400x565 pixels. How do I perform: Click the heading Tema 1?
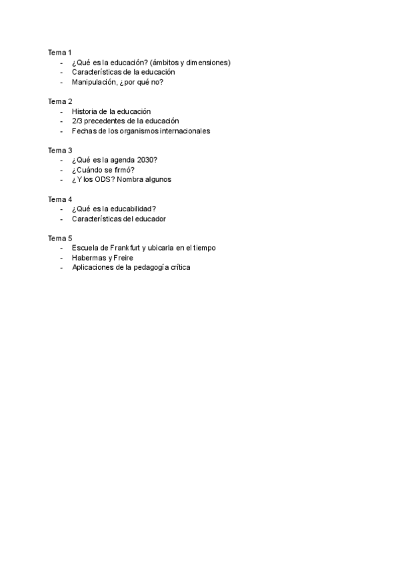(59, 53)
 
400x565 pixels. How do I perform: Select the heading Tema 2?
(59, 101)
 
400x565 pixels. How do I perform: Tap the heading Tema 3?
(59, 151)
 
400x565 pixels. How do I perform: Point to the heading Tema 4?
(59, 199)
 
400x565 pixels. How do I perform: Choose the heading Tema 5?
(59, 238)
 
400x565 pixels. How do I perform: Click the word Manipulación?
(94, 82)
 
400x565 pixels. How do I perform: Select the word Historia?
(85, 111)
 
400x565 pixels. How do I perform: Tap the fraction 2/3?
(77, 121)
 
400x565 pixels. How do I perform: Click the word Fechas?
(83, 131)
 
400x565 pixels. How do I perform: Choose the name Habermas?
(89, 257)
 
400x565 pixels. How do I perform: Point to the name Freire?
(124, 257)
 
